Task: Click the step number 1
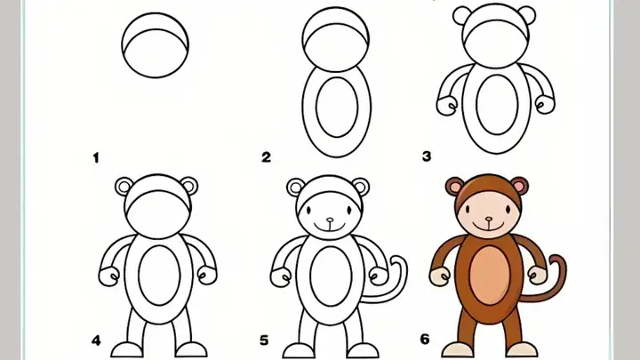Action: click(x=95, y=157)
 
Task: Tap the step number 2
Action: click(x=266, y=157)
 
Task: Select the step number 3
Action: click(x=427, y=156)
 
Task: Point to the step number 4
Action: click(x=95, y=340)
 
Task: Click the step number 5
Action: click(x=264, y=340)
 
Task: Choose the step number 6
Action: click(x=425, y=340)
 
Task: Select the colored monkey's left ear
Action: click(x=455, y=188)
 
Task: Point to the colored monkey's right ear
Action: click(x=520, y=186)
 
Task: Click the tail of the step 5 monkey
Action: click(x=398, y=271)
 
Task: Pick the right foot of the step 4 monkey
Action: click(x=190, y=350)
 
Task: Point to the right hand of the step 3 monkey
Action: click(x=546, y=105)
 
